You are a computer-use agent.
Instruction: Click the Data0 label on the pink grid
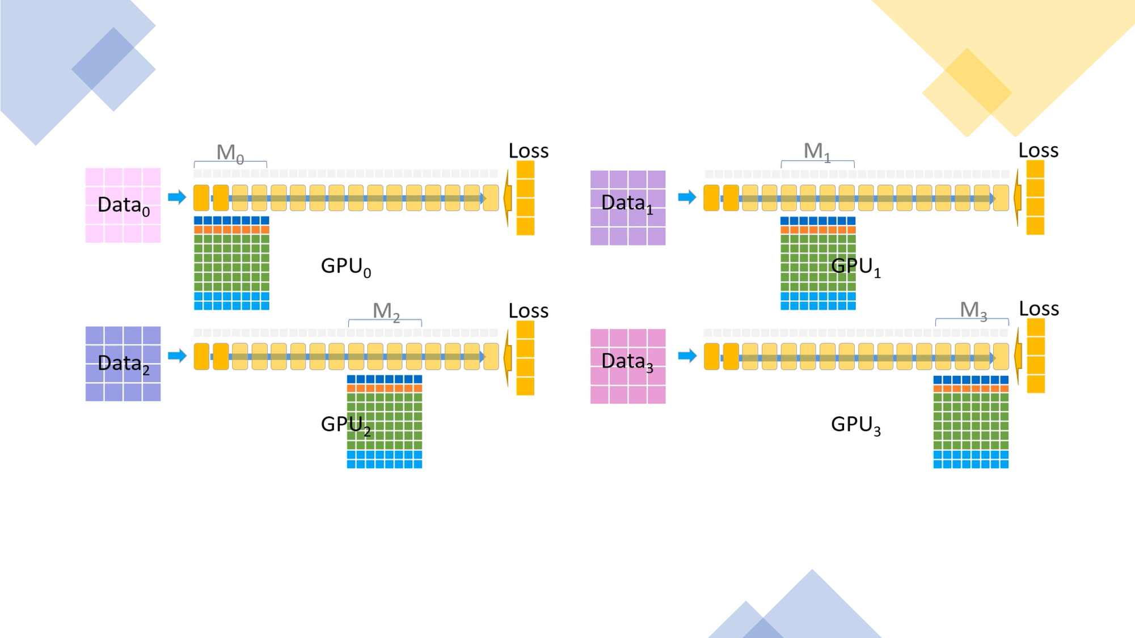click(x=124, y=205)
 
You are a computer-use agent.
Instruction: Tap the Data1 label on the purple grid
click(x=627, y=203)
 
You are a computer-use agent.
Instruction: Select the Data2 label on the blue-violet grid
click(x=124, y=364)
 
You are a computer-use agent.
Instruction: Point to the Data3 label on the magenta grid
click(x=627, y=361)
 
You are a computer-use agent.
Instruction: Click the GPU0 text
click(x=345, y=266)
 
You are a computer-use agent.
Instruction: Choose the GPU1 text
click(x=855, y=266)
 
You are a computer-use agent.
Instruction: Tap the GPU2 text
click(x=345, y=424)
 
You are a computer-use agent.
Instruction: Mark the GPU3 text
click(x=855, y=425)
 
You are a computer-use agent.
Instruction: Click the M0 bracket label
click(x=230, y=153)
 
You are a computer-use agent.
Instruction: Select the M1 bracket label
click(x=817, y=151)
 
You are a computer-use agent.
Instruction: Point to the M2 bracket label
click(x=386, y=311)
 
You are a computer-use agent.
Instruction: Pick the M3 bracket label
click(x=973, y=310)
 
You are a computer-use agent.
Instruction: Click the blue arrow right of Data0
click(x=177, y=197)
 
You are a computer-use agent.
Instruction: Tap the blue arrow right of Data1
click(x=687, y=197)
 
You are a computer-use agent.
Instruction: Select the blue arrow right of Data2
click(x=177, y=356)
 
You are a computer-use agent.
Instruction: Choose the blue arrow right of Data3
click(x=687, y=356)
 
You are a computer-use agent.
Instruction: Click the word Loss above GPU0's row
click(x=528, y=151)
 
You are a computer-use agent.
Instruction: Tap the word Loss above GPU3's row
click(x=1039, y=309)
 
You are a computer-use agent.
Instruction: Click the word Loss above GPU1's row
click(x=1038, y=150)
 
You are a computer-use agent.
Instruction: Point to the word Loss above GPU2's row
click(x=528, y=311)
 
